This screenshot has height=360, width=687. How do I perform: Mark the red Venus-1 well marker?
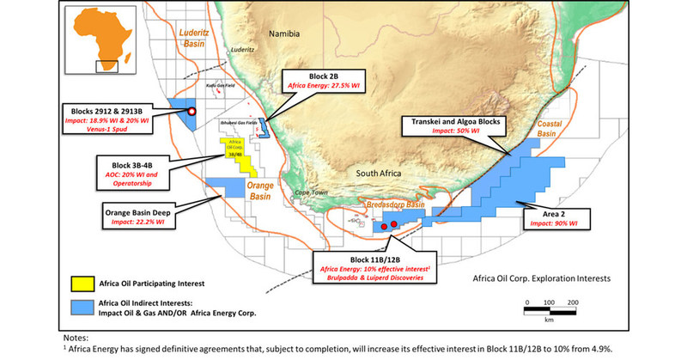pyautogui.click(x=192, y=112)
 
